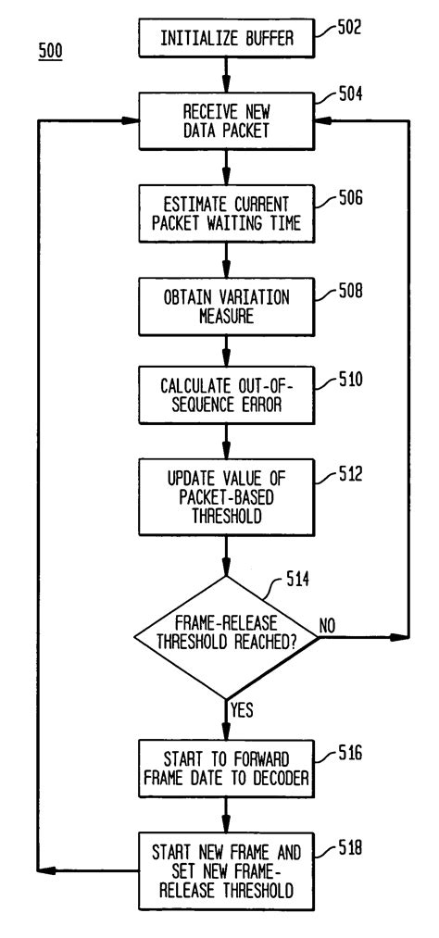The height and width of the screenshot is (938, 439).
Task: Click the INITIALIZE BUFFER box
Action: click(225, 39)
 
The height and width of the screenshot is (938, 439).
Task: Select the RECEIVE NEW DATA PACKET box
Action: click(225, 121)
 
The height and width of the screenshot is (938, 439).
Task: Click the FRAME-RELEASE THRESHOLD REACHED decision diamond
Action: click(225, 636)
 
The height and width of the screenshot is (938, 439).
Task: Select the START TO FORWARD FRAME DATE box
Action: click(225, 769)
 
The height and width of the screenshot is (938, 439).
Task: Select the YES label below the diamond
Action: click(242, 712)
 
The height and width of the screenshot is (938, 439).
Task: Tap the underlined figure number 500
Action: click(50, 53)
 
